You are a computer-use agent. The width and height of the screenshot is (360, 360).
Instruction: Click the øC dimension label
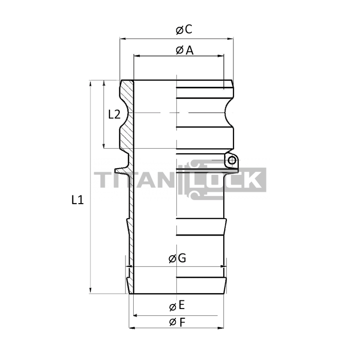pos(184,30)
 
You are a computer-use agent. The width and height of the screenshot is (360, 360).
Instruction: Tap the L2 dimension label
pos(114,114)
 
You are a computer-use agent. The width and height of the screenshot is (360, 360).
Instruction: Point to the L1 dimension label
pos(77,200)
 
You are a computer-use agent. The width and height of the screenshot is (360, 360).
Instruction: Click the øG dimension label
pos(177,259)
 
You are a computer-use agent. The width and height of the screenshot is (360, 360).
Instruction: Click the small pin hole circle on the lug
pos(232,161)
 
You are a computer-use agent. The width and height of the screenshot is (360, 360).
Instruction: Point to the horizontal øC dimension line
pos(154,38)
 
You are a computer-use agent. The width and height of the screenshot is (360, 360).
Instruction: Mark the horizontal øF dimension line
pos(154,328)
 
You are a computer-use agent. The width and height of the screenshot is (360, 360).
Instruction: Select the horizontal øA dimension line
pos(154,56)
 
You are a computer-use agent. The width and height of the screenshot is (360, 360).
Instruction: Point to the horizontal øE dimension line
pos(154,312)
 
